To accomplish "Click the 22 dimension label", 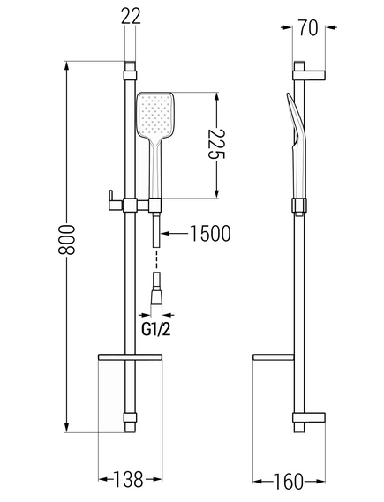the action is pyautogui.click(x=131, y=16).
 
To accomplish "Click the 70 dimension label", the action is pyautogui.click(x=309, y=28).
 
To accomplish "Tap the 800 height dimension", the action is pyautogui.click(x=66, y=239).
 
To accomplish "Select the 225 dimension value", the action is pyautogui.click(x=217, y=144).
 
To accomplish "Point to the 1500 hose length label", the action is pyautogui.click(x=210, y=233).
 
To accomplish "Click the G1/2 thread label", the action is pyautogui.click(x=156, y=329).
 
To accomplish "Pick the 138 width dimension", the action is pyautogui.click(x=129, y=479).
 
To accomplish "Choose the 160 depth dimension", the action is pyautogui.click(x=289, y=482).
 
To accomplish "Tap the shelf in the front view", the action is pyautogui.click(x=131, y=357).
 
